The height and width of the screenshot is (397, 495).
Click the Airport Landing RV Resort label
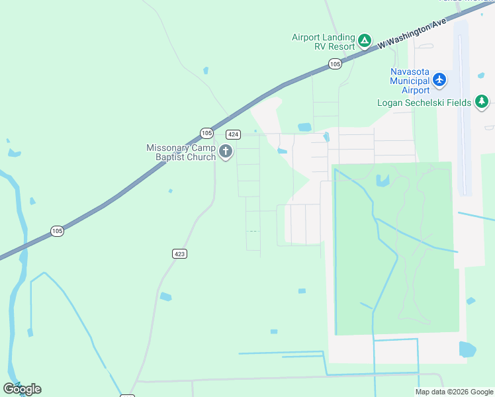point(324,42)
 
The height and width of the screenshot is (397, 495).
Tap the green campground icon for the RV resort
point(364,42)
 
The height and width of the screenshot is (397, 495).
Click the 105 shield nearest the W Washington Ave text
point(335,64)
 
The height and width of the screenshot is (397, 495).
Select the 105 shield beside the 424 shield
point(207,132)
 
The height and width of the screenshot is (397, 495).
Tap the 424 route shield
point(232,134)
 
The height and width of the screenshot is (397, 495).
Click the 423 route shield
point(179,253)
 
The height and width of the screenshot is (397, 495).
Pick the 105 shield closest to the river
point(58,231)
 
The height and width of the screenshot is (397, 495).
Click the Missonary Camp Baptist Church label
point(181,152)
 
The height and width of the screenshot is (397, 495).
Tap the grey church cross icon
point(226,152)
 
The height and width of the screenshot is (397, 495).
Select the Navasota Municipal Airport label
point(410,81)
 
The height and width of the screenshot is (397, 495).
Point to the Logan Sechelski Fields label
point(424,103)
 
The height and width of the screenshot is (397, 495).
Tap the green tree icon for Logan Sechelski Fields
point(482,102)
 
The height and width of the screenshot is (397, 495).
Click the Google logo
point(22,389)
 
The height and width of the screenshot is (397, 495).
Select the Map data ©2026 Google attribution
point(455,392)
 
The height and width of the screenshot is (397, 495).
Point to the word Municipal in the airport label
point(410,81)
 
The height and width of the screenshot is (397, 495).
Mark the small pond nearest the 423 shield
point(165,296)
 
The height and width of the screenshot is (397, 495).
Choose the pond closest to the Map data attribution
point(467,349)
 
